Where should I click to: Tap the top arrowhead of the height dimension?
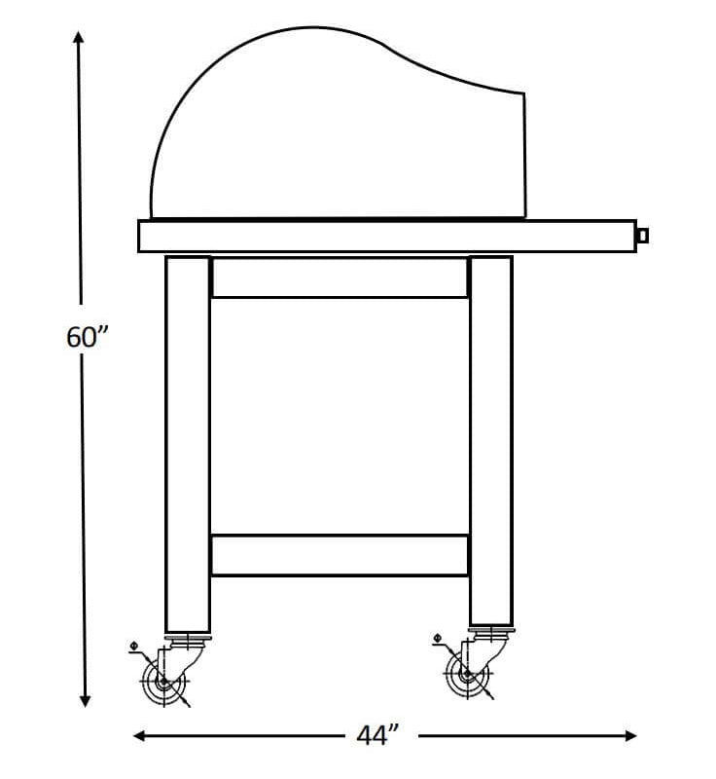tap(80, 37)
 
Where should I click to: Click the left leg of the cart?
tap(187, 438)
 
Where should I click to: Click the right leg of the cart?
tap(490, 438)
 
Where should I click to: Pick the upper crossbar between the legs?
tap(340, 278)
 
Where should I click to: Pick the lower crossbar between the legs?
tap(340, 554)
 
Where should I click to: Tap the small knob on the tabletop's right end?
tap(642, 235)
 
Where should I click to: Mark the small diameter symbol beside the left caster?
tap(133, 645)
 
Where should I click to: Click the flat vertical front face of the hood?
tap(524, 156)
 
